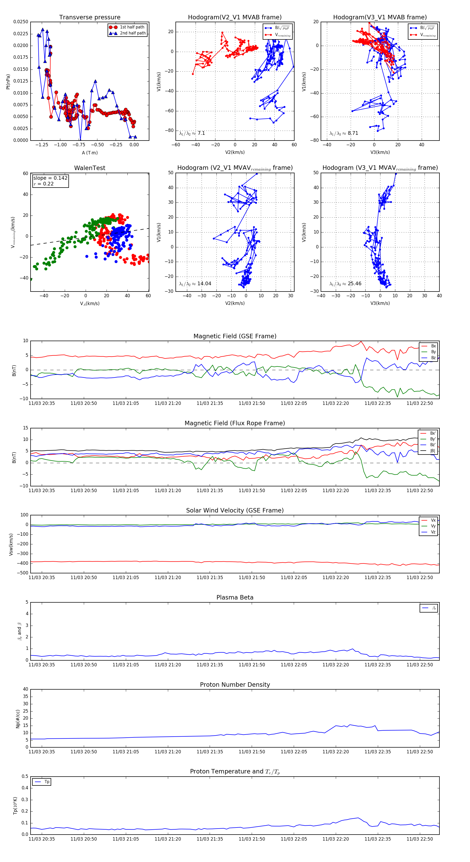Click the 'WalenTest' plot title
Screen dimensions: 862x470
[x=90, y=168]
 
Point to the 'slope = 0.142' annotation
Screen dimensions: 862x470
[x=50, y=178]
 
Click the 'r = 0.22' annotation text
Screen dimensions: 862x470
[x=44, y=184]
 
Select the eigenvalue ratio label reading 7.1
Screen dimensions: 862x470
[x=192, y=133]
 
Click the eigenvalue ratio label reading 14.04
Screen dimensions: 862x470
[x=195, y=284]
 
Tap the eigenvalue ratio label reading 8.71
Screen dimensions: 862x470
[x=344, y=133]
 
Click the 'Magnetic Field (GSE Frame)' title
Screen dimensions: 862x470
[x=235, y=336]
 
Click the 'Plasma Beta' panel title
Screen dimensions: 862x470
[x=235, y=598]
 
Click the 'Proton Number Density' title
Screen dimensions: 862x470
[x=235, y=685]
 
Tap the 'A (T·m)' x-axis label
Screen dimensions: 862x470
[x=90, y=153]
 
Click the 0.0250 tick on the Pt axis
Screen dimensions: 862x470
[x=21, y=22]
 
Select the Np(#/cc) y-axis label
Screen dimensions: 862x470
[x=18, y=719]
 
